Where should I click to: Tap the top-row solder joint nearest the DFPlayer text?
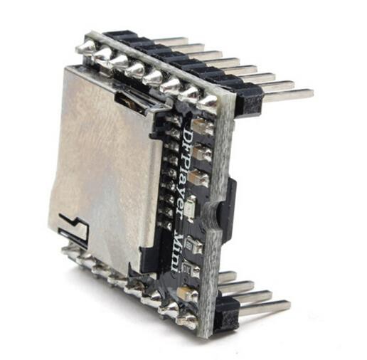[x=206, y=104]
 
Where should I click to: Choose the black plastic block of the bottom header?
[x=226, y=313]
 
